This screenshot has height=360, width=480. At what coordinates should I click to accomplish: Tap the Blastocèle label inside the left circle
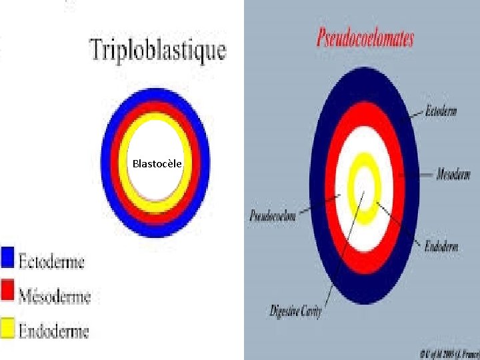click(157, 163)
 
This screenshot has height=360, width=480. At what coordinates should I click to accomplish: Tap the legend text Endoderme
click(53, 330)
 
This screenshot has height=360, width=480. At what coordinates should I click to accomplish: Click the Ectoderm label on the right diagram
click(441, 112)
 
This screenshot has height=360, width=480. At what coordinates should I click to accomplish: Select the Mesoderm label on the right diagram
click(453, 176)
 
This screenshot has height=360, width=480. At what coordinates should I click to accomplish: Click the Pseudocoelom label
click(273, 216)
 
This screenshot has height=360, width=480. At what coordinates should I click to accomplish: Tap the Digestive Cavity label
click(295, 311)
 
